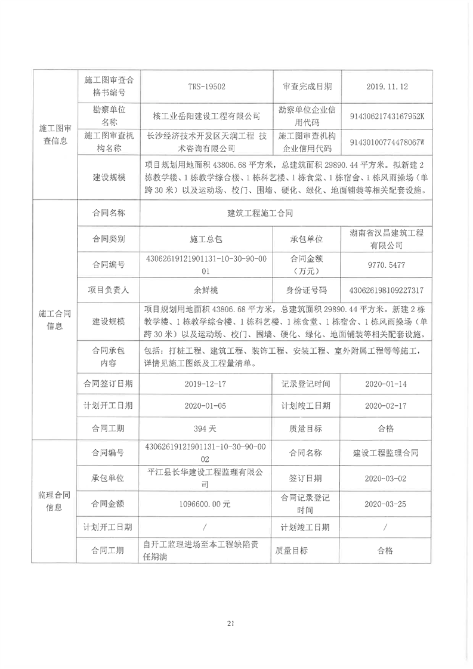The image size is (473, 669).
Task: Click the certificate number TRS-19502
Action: coord(206,87)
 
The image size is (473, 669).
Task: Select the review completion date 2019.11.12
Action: coord(387,87)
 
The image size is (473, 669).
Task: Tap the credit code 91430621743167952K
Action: coord(387,116)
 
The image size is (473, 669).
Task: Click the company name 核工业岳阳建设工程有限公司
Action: coord(206,115)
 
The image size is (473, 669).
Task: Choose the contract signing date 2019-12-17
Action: coord(206,384)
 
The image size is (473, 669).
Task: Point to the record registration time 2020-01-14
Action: coord(387,384)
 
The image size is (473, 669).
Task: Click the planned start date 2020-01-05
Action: coord(206,406)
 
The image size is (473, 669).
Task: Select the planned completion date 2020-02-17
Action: coord(387,406)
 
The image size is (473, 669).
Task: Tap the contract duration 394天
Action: coord(206,428)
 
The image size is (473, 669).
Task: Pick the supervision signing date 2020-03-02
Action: coord(387,478)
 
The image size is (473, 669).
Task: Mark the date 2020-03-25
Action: coord(387,504)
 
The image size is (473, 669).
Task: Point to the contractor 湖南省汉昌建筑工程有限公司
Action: coord(387,238)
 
